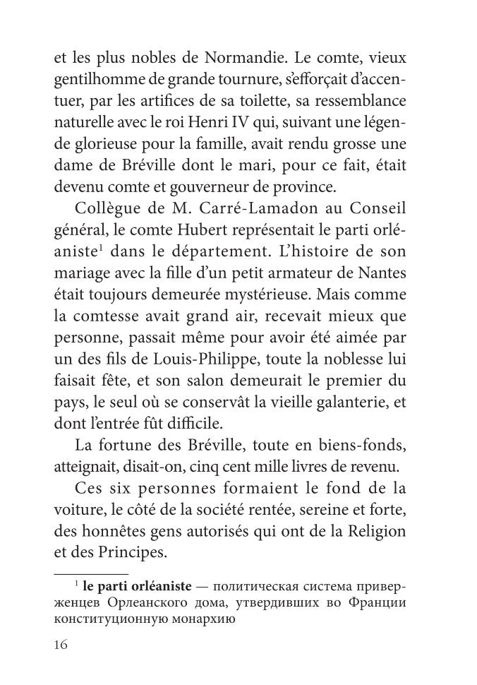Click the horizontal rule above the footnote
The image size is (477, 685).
click(91, 570)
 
